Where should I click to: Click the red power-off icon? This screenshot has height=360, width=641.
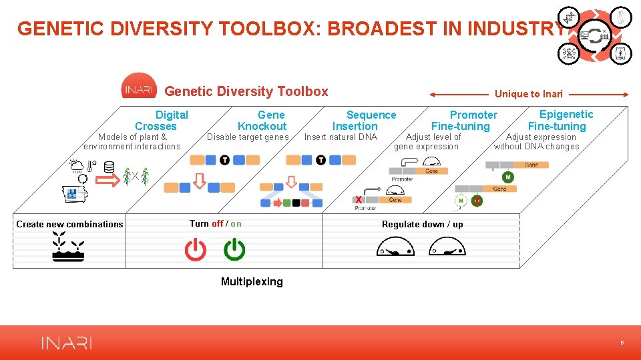[196, 250]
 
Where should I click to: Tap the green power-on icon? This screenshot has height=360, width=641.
[234, 250]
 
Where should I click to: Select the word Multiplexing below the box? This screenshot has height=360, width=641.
[252, 282]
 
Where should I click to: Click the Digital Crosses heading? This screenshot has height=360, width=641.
[162, 121]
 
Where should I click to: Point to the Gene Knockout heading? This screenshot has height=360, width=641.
[262, 121]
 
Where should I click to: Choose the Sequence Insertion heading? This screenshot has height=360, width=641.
[364, 121]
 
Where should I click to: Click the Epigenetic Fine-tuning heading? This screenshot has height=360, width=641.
[560, 120]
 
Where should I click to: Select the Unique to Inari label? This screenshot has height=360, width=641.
[529, 94]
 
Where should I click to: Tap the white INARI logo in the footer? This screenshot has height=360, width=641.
[67, 343]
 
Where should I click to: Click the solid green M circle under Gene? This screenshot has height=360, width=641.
[508, 177]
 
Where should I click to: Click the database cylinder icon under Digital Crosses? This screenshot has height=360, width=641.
[110, 168]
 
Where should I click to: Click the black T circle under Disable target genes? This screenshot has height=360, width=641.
[224, 160]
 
